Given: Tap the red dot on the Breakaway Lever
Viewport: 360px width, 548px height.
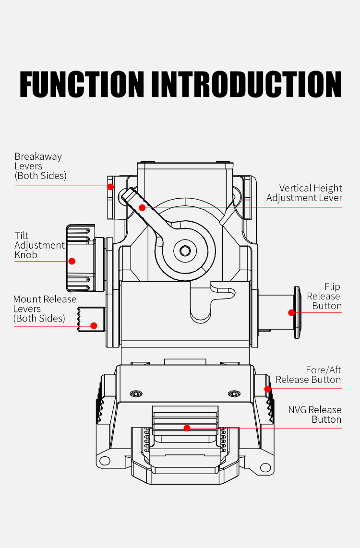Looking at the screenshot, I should tap(110, 186).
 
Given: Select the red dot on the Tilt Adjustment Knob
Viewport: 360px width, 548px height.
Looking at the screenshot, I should tap(72, 261).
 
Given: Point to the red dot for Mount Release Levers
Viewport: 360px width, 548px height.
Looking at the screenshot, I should tap(94, 326).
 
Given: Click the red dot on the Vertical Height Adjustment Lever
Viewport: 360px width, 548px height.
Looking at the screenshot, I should tap(142, 207).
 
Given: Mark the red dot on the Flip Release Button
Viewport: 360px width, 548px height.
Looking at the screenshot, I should tap(291, 313).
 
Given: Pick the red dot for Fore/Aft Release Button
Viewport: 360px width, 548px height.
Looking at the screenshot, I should tap(268, 389).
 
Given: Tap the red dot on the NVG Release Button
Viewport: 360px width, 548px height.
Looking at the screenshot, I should tap(187, 428).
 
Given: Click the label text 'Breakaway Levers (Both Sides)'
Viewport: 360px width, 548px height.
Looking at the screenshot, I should tap(40, 166).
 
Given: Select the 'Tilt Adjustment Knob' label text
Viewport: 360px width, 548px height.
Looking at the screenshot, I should tap(39, 245).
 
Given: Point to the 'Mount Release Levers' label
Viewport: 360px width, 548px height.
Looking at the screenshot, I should tap(45, 309).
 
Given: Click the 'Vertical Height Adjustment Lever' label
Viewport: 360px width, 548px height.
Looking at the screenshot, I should tap(304, 193).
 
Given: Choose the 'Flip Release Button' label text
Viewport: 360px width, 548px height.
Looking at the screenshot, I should tap(324, 296).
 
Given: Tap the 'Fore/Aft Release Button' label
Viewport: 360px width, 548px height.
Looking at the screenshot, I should tap(308, 375).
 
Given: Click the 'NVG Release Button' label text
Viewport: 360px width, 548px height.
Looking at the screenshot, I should tap(315, 415).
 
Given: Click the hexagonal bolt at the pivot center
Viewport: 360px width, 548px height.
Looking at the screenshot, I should tap(185, 250).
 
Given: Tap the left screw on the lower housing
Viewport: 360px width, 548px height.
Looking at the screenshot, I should tap(136, 393).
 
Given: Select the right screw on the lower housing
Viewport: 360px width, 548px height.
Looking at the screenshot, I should tap(234, 393).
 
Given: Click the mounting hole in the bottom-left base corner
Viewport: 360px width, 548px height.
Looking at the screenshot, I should tap(104, 461).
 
